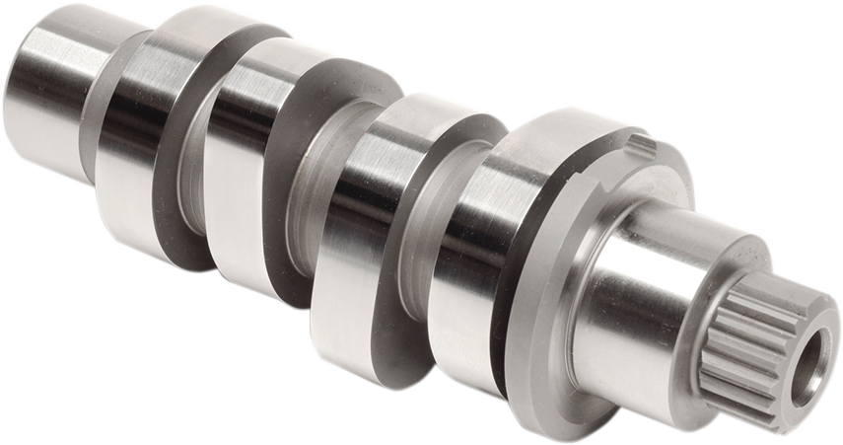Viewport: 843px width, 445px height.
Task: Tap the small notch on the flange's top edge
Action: click(642, 146)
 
